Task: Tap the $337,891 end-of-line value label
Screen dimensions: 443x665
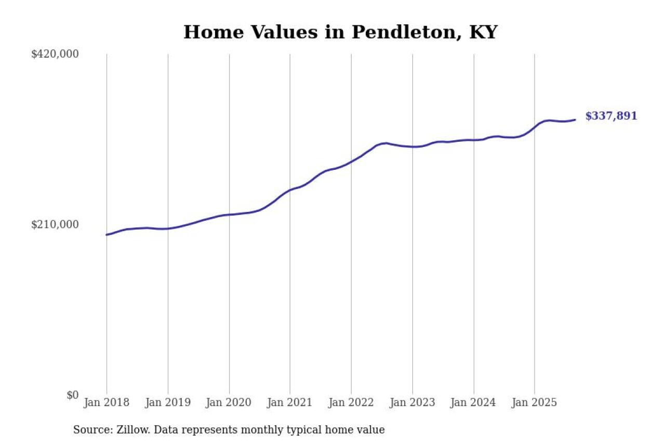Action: pos(611,116)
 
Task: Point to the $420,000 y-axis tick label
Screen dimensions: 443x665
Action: pos(55,54)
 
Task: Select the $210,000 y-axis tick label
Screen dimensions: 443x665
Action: pos(55,224)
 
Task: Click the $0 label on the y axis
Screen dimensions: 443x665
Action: pos(72,395)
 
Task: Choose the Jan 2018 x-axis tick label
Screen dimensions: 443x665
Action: pos(107,403)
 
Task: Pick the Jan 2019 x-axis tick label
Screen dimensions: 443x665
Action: pos(168,403)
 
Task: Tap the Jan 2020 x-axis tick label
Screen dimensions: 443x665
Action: pos(229,403)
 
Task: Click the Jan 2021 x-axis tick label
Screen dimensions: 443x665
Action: pos(290,403)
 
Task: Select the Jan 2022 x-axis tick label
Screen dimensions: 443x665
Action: pos(351,403)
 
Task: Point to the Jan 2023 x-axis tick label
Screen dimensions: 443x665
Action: pos(413,403)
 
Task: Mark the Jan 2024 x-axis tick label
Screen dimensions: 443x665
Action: pos(473,403)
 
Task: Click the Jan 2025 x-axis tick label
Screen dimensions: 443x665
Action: pos(535,403)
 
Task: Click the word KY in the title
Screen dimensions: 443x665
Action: pos(483,32)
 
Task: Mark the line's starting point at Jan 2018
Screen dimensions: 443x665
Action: pos(107,235)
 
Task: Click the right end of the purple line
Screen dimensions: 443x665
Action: pos(575,120)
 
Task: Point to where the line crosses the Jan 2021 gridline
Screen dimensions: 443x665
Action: pos(290,190)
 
